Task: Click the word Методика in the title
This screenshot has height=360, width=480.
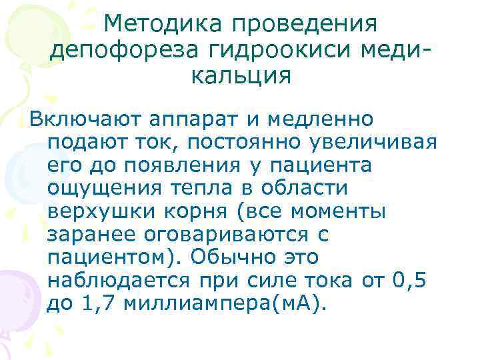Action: [x=165, y=25]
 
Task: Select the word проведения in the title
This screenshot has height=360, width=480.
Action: [x=305, y=25]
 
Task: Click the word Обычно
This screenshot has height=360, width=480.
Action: [x=227, y=257]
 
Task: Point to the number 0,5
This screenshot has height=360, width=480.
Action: [x=409, y=280]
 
